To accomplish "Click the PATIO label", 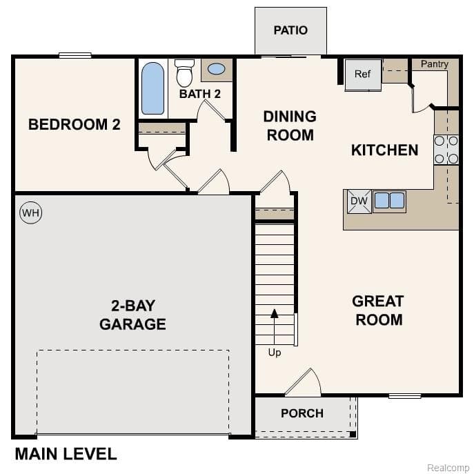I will (x=290, y=30).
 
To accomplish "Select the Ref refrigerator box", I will (x=363, y=75).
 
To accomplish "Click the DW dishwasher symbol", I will (x=359, y=201).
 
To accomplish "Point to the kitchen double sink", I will (x=389, y=201).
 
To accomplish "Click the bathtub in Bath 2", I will (x=153, y=88).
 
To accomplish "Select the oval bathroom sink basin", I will (x=216, y=69).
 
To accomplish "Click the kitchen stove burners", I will (x=446, y=150).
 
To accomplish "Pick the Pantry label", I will (x=435, y=64).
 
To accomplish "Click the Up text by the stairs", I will (x=275, y=353).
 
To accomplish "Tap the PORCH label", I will (x=302, y=413).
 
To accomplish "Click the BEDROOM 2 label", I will (x=75, y=125).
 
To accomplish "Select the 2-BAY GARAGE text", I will (x=132, y=315).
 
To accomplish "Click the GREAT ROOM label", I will (x=377, y=310).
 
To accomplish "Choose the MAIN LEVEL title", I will (x=66, y=454).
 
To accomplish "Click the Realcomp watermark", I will (x=448, y=468).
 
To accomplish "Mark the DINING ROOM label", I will (x=290, y=126).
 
